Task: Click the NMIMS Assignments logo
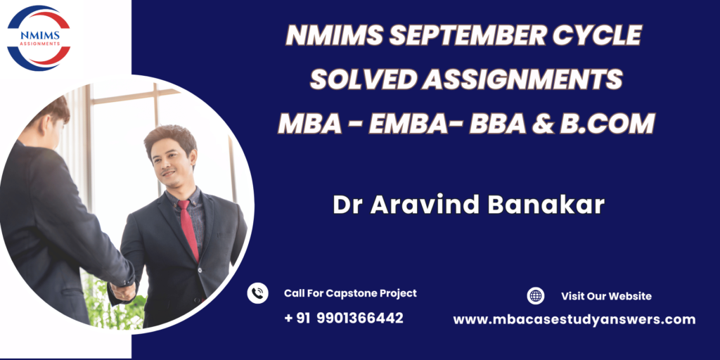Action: (x=39, y=38)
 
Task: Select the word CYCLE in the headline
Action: (x=596, y=35)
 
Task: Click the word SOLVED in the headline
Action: (x=363, y=79)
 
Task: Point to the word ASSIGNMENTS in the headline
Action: (x=523, y=79)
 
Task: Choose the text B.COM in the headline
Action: (x=607, y=124)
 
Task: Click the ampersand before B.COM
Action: (x=543, y=124)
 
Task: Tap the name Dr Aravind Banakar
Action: (x=468, y=205)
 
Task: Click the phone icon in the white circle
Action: (x=257, y=293)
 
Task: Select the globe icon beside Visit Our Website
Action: (x=535, y=296)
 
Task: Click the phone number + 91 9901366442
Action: (x=344, y=318)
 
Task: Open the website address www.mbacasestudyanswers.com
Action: (x=574, y=320)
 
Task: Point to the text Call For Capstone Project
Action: (x=350, y=293)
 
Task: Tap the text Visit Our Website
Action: (x=606, y=296)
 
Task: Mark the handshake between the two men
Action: (x=123, y=291)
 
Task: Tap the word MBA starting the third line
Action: (x=310, y=124)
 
